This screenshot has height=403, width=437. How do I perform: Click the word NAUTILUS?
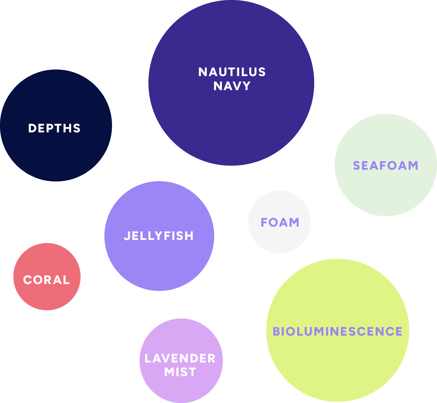[232, 72]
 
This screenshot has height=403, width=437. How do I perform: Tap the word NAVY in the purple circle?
[232, 86]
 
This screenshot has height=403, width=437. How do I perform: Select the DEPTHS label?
[54, 128]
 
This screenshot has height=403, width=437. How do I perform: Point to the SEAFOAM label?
[386, 166]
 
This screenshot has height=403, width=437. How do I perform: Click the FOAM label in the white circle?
[280, 222]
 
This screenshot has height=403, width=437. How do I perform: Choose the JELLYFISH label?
[159, 236]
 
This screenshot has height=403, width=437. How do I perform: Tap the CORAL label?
[46, 280]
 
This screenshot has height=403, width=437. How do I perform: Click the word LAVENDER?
[180, 358]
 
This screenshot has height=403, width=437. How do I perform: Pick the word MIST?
[180, 372]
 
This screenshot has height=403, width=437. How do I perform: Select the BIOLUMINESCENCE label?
[338, 332]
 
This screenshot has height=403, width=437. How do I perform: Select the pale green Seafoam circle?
[386, 192]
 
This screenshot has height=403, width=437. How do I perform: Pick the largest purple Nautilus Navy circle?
[231, 125]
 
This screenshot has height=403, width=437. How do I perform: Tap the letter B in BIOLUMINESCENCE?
[276, 332]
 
